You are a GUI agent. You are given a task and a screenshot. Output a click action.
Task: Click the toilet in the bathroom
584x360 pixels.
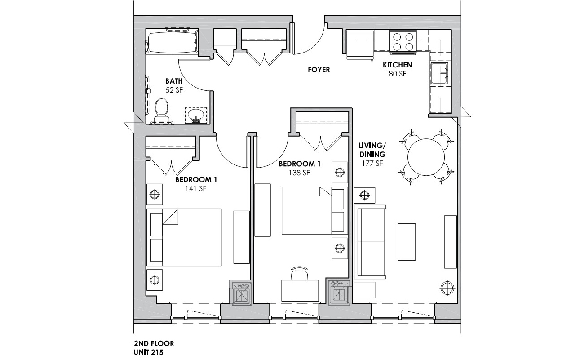pyautogui.click(x=161, y=111)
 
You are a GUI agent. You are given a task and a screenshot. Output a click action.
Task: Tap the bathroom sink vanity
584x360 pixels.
pyautogui.click(x=195, y=115)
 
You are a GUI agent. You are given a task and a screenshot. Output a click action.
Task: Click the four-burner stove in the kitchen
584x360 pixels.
pyautogui.click(x=403, y=41)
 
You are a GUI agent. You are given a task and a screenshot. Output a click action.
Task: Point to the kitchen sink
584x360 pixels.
pyautogui.click(x=439, y=73)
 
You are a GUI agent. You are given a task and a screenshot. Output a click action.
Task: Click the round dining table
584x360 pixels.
pyautogui.click(x=427, y=156)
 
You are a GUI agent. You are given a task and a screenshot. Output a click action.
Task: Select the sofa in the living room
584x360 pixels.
pyautogui.click(x=370, y=241)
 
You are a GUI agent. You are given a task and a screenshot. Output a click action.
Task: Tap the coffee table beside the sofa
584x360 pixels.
pyautogui.click(x=407, y=241)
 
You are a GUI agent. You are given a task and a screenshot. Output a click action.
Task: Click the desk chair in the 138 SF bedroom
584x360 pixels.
pyautogui.click(x=300, y=273)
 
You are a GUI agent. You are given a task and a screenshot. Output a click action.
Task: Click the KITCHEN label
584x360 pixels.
pyautogui.click(x=397, y=65)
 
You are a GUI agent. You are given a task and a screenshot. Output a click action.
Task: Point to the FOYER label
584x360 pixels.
pyautogui.click(x=319, y=70)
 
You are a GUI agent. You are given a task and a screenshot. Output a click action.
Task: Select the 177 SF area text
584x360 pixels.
pyautogui.click(x=372, y=163)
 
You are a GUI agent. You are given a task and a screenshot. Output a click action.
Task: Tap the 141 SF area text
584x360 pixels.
pyautogui.click(x=196, y=189)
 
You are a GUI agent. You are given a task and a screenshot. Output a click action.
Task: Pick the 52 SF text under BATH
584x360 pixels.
pyautogui.click(x=174, y=89)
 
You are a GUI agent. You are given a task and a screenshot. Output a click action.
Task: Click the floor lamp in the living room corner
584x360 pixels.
pyautogui.click(x=447, y=287)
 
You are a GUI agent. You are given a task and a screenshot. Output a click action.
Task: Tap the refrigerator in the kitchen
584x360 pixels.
pyautogui.click(x=359, y=44)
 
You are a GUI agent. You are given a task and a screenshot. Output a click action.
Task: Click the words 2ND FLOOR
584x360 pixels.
pyautogui.click(x=154, y=344)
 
